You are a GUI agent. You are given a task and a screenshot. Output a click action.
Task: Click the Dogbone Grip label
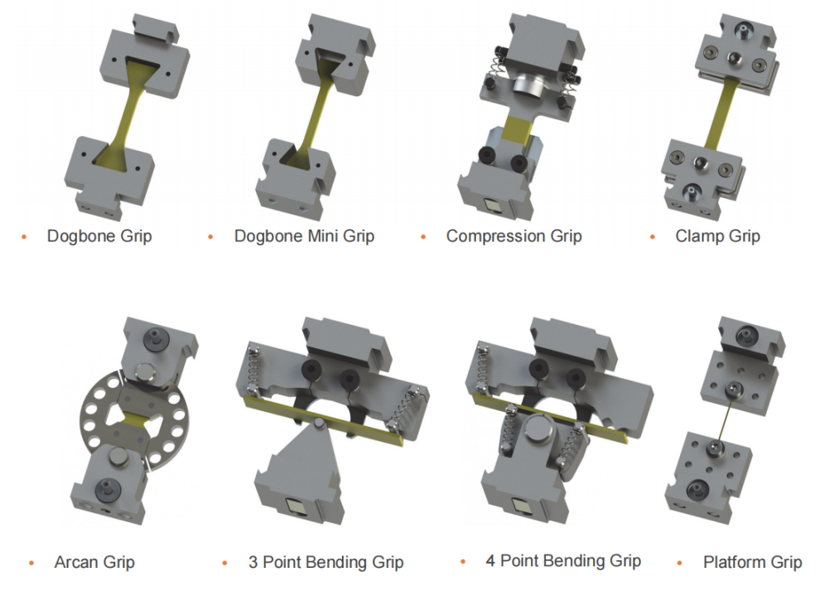pos(99,236)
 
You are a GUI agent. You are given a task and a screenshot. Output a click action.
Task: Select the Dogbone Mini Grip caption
pos(304,236)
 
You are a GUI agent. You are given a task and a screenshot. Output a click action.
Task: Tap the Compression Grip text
pos(514,236)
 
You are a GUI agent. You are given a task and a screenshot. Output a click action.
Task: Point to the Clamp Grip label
pos(717,236)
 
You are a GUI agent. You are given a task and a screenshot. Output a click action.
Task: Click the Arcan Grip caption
pos(94,563)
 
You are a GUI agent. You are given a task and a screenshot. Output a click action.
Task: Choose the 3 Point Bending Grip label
pos(326,563)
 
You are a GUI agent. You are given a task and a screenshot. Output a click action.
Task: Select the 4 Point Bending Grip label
pos(563,561)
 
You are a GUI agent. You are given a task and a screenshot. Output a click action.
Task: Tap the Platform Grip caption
pos(753,563)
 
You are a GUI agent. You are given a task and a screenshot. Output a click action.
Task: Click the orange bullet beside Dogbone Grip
pos(23,237)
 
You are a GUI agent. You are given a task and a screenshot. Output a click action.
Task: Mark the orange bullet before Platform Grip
pos(679,563)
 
